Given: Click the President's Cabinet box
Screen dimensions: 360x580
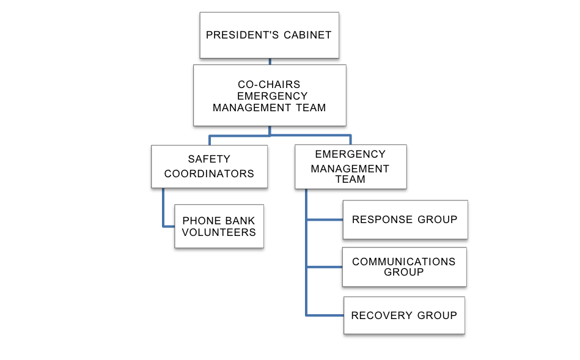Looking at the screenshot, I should point(269,35).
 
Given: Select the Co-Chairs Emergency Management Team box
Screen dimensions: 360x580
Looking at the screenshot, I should point(270,95).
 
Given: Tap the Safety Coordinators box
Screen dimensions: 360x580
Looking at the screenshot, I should point(209,166).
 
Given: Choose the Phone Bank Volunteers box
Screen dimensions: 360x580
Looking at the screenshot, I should point(219,226).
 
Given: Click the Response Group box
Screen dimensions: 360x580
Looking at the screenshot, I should point(405,219).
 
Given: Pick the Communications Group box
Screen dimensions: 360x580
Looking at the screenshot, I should point(404,267).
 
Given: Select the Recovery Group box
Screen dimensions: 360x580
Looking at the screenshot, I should point(404,315).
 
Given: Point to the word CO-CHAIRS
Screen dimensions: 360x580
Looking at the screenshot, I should point(269,85).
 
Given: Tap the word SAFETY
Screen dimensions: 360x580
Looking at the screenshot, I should point(209,160).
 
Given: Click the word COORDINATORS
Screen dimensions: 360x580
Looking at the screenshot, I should point(209,174).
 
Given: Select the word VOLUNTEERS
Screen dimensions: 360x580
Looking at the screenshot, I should point(219,232).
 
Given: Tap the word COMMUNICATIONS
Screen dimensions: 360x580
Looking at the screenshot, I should point(404,262).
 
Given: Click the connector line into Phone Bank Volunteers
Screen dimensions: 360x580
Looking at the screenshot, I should point(168,226).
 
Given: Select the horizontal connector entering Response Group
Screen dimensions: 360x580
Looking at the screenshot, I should point(324,219).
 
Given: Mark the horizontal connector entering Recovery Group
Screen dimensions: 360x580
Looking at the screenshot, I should point(325,315).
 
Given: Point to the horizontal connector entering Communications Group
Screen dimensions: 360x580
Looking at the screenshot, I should point(324,267).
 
